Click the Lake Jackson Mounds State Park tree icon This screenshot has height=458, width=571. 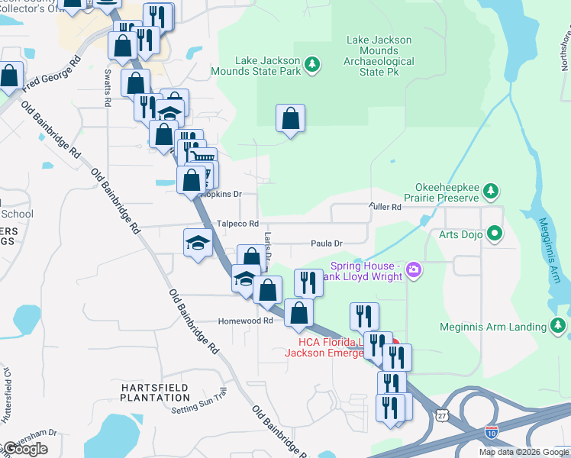point(311,66)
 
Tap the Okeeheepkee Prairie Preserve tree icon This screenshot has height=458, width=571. point(493,190)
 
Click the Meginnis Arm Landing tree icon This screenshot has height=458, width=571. point(559,327)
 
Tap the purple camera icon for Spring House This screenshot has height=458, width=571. point(415,268)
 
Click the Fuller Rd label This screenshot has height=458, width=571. point(385,207)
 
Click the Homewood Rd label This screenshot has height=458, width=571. point(245,321)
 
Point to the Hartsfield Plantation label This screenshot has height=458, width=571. point(155,392)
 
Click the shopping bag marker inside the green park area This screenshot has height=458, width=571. point(290,119)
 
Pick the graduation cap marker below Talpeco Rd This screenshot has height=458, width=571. point(198,244)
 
